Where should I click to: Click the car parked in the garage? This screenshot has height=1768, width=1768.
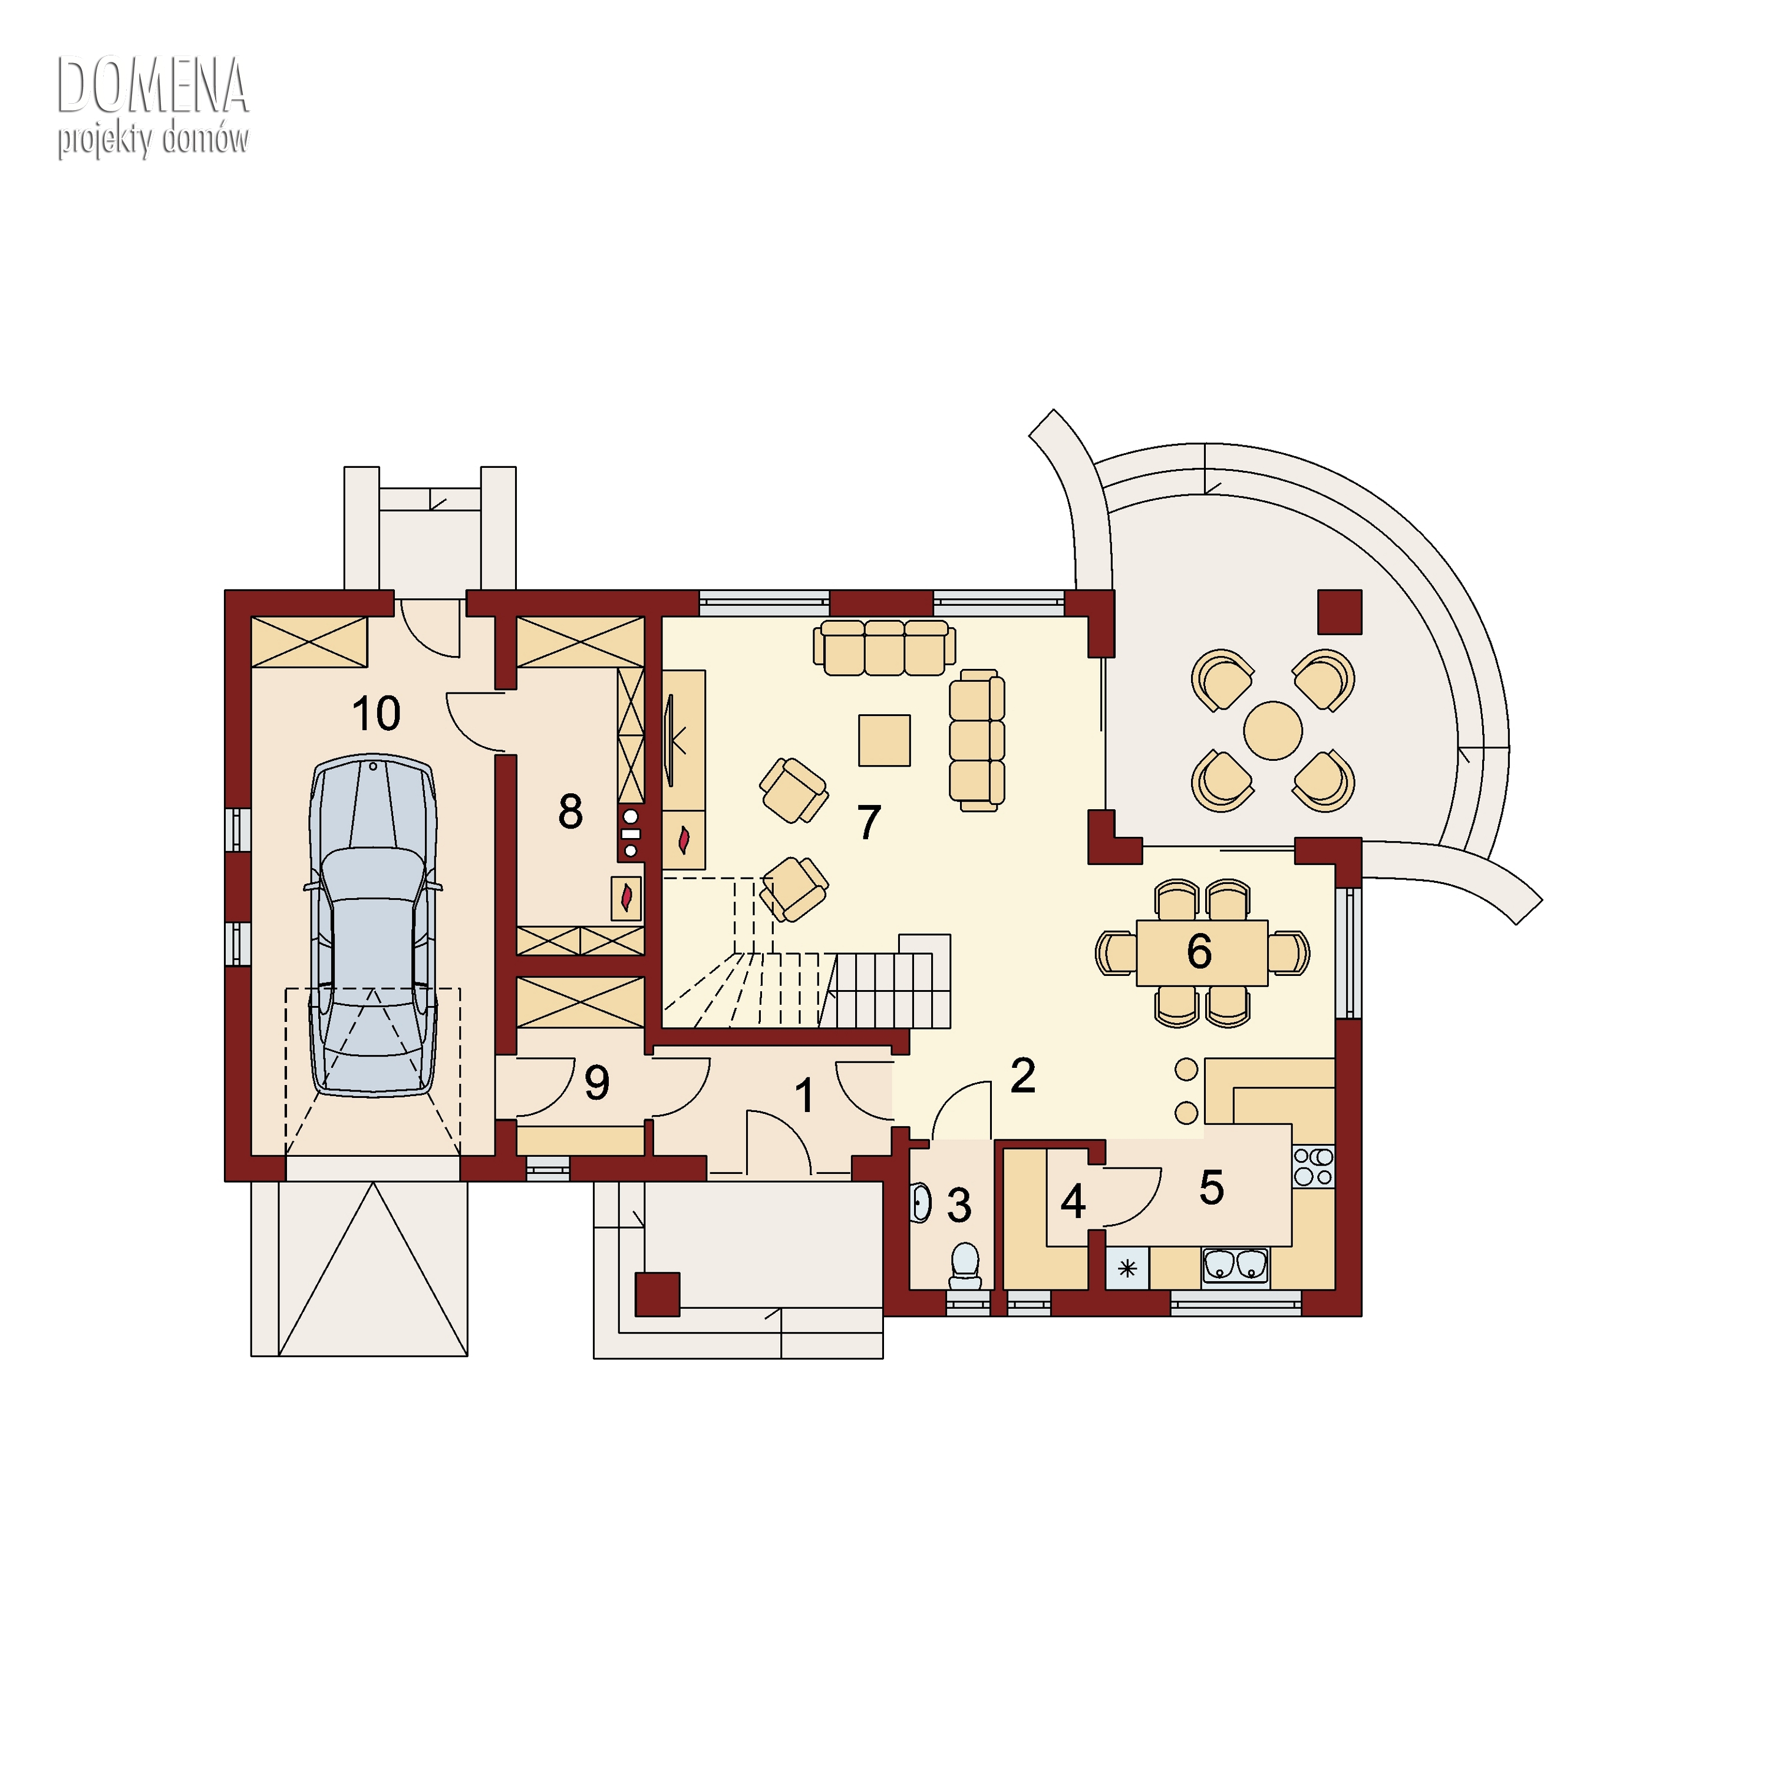374,925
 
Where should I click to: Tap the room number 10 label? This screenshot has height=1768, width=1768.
376,713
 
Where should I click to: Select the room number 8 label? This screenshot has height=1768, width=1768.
570,811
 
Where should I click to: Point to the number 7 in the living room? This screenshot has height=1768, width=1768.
869,821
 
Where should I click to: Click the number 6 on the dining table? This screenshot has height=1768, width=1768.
1199,952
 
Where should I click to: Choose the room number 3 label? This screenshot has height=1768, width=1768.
959,1205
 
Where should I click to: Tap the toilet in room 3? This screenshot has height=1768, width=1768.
965,1261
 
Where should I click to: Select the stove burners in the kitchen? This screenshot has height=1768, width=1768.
1313,1167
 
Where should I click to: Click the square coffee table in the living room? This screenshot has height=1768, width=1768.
884,740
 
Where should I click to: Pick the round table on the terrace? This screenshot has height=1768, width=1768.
1272,730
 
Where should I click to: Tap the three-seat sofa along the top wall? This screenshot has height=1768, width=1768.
884,647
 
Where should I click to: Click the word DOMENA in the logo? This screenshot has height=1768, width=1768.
153,87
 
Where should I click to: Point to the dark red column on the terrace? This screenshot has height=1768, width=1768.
1340,611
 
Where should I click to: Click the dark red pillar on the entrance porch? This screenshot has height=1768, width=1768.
657,1295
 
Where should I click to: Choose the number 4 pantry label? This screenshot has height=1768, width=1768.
1073,1202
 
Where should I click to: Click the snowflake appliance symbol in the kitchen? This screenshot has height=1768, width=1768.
1127,1268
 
